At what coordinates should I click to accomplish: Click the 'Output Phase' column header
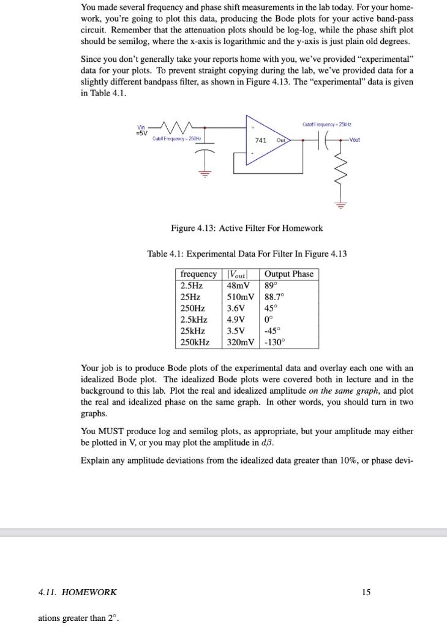(289, 274)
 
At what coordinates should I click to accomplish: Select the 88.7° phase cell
(274, 297)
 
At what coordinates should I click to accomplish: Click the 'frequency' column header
(198, 274)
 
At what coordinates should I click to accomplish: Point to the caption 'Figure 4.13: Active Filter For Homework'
(247, 228)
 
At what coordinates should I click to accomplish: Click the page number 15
(366, 592)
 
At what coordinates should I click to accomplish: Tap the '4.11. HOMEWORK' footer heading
(77, 592)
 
